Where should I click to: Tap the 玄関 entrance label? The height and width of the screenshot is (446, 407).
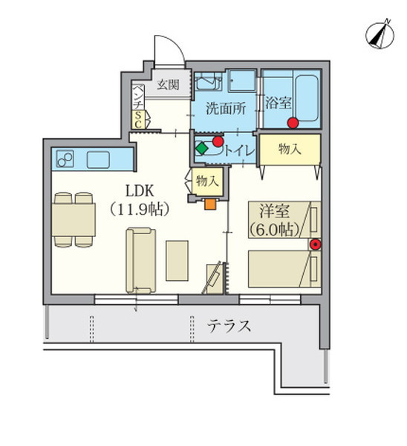168,85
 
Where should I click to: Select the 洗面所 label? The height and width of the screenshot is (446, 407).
225,106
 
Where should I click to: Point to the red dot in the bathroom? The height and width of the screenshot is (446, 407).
293,122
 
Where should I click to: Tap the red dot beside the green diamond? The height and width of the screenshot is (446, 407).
218,140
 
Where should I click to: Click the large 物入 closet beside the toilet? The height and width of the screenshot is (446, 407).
290,150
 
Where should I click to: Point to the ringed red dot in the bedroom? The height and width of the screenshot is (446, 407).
315,244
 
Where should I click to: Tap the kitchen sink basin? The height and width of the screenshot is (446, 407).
99,158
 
